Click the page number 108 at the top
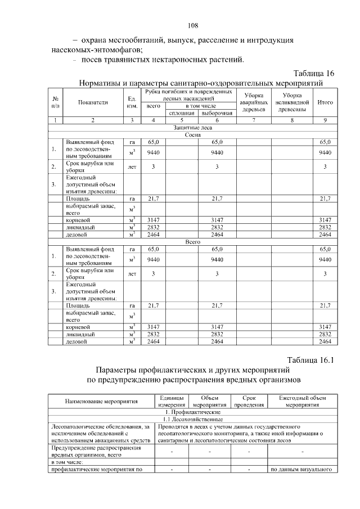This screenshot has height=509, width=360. [x=192, y=25]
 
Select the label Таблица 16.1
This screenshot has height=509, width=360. [x=311, y=360]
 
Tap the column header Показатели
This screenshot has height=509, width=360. [x=93, y=102]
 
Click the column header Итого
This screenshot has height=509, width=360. [x=325, y=102]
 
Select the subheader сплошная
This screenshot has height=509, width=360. [x=182, y=113]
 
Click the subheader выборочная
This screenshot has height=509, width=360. [x=217, y=113]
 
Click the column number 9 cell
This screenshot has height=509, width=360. [x=325, y=120]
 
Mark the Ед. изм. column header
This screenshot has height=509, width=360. [x=133, y=102]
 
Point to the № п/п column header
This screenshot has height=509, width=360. [x=55, y=102]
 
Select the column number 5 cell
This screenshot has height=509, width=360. [x=182, y=120]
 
